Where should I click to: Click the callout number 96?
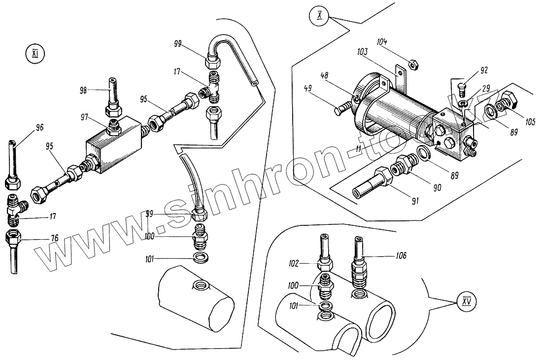pyautogui.click(x=40, y=127)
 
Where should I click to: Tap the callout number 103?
pyautogui.click(x=364, y=51)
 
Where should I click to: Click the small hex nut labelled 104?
pyautogui.click(x=414, y=63)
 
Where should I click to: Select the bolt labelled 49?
pyautogui.click(x=345, y=108)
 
